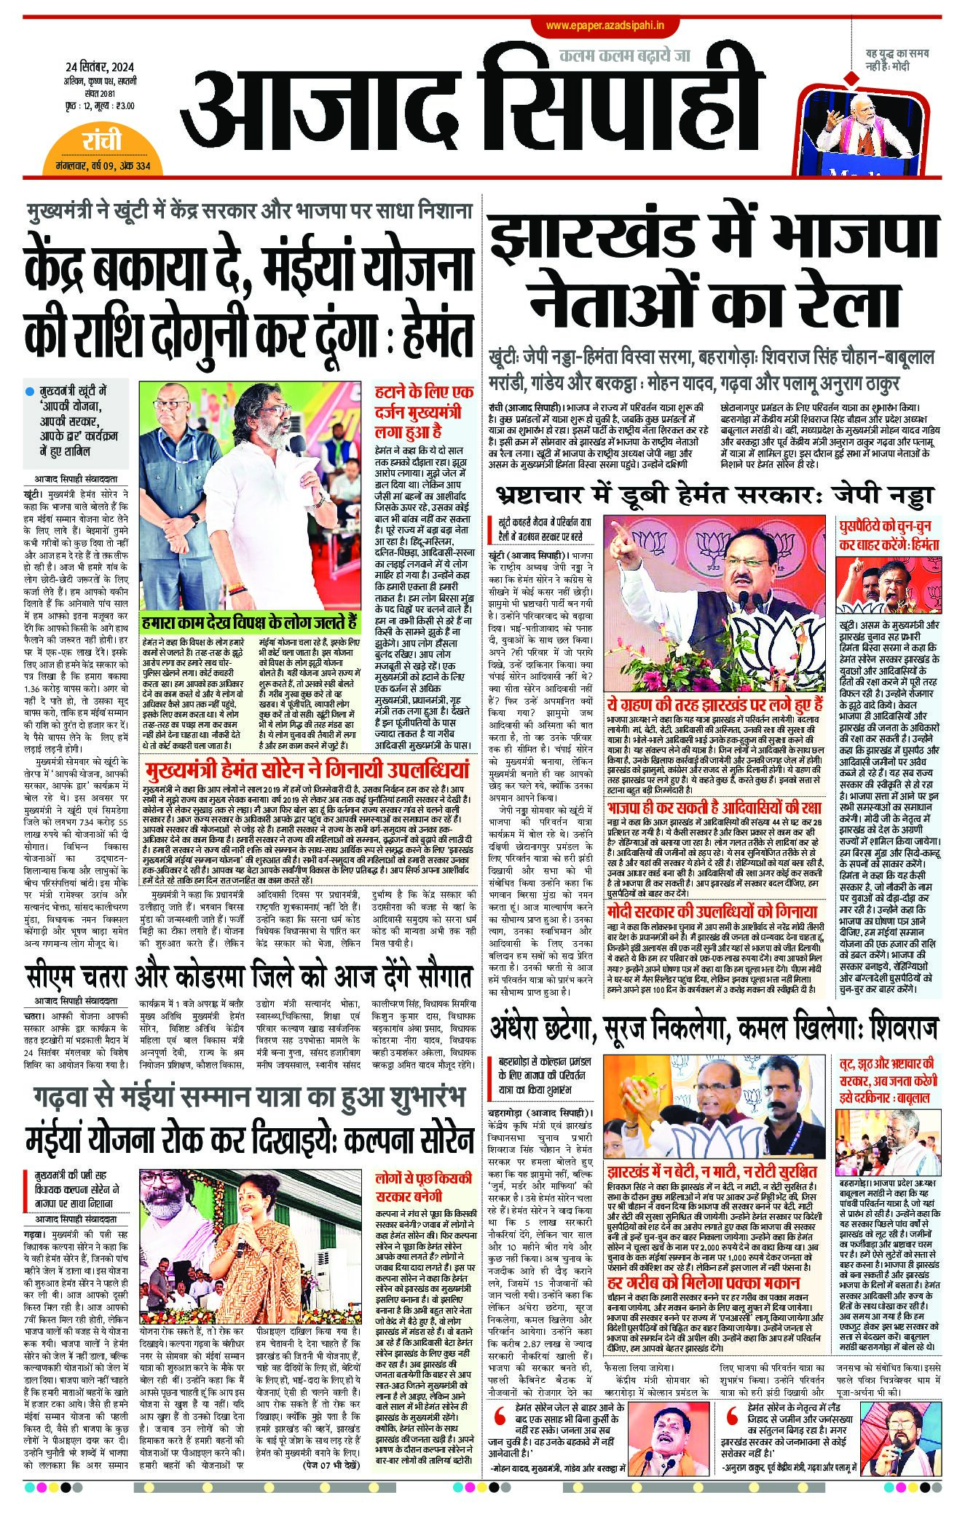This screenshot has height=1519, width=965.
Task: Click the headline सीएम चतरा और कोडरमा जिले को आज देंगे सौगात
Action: tap(248, 976)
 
